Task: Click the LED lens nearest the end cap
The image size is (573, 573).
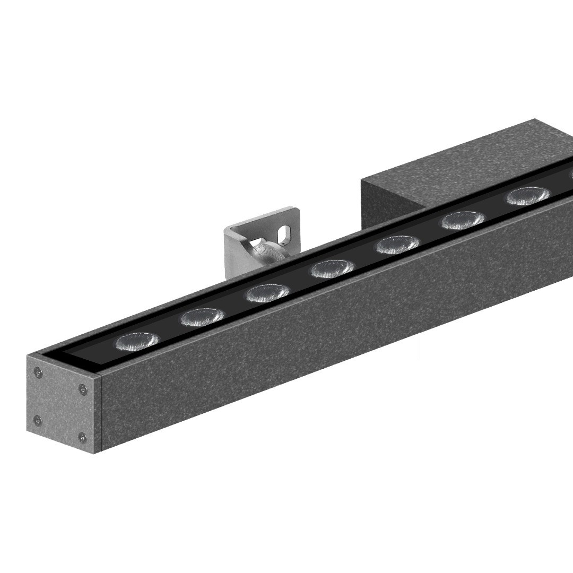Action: pos(137,341)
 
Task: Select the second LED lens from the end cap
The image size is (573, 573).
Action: pos(202,317)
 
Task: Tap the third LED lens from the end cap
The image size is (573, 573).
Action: pos(267,293)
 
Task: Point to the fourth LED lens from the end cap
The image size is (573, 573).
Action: pos(332,269)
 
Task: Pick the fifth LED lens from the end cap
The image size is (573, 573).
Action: pos(397,245)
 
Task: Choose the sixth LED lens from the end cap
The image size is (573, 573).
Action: pos(463,220)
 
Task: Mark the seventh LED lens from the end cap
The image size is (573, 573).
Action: pos(527,196)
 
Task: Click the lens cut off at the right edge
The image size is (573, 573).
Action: pos(570,175)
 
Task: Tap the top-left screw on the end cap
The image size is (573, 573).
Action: pos(38,372)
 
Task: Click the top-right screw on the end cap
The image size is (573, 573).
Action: pos(83,390)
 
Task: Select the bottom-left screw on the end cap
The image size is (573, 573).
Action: pos(37,421)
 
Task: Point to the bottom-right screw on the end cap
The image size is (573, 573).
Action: pos(82,438)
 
